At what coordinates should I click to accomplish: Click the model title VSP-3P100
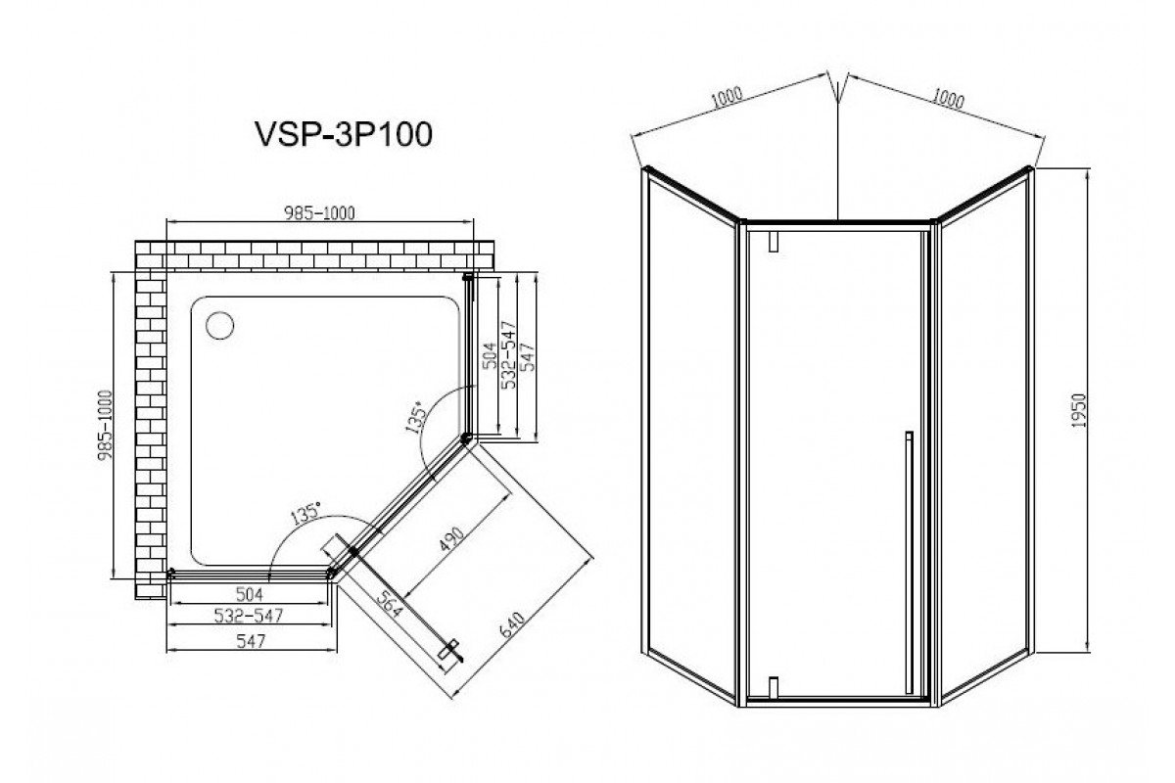point(344,134)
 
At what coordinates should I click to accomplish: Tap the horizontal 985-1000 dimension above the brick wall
point(319,213)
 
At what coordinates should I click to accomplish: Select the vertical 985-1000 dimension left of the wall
point(106,426)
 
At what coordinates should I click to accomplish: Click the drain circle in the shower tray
point(219,325)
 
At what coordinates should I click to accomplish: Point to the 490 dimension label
point(451,539)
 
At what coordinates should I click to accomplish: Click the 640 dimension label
point(512,624)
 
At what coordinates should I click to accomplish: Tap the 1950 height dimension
point(1078,411)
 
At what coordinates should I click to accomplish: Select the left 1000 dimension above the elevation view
point(727,98)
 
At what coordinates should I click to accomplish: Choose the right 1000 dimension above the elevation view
point(948,98)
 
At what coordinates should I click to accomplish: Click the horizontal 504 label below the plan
point(249,594)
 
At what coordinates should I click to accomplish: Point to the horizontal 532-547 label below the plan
point(249,616)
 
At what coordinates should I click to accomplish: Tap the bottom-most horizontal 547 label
point(251,641)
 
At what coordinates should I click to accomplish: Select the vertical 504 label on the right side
point(489,356)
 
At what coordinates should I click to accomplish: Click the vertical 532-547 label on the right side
point(509,354)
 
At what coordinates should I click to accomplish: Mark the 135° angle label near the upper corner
point(416,418)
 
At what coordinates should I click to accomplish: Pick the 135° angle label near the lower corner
point(305,514)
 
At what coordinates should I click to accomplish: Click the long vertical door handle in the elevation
point(909,562)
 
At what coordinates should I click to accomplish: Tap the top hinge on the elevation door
point(774,241)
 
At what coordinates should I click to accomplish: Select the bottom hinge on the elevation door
point(774,687)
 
